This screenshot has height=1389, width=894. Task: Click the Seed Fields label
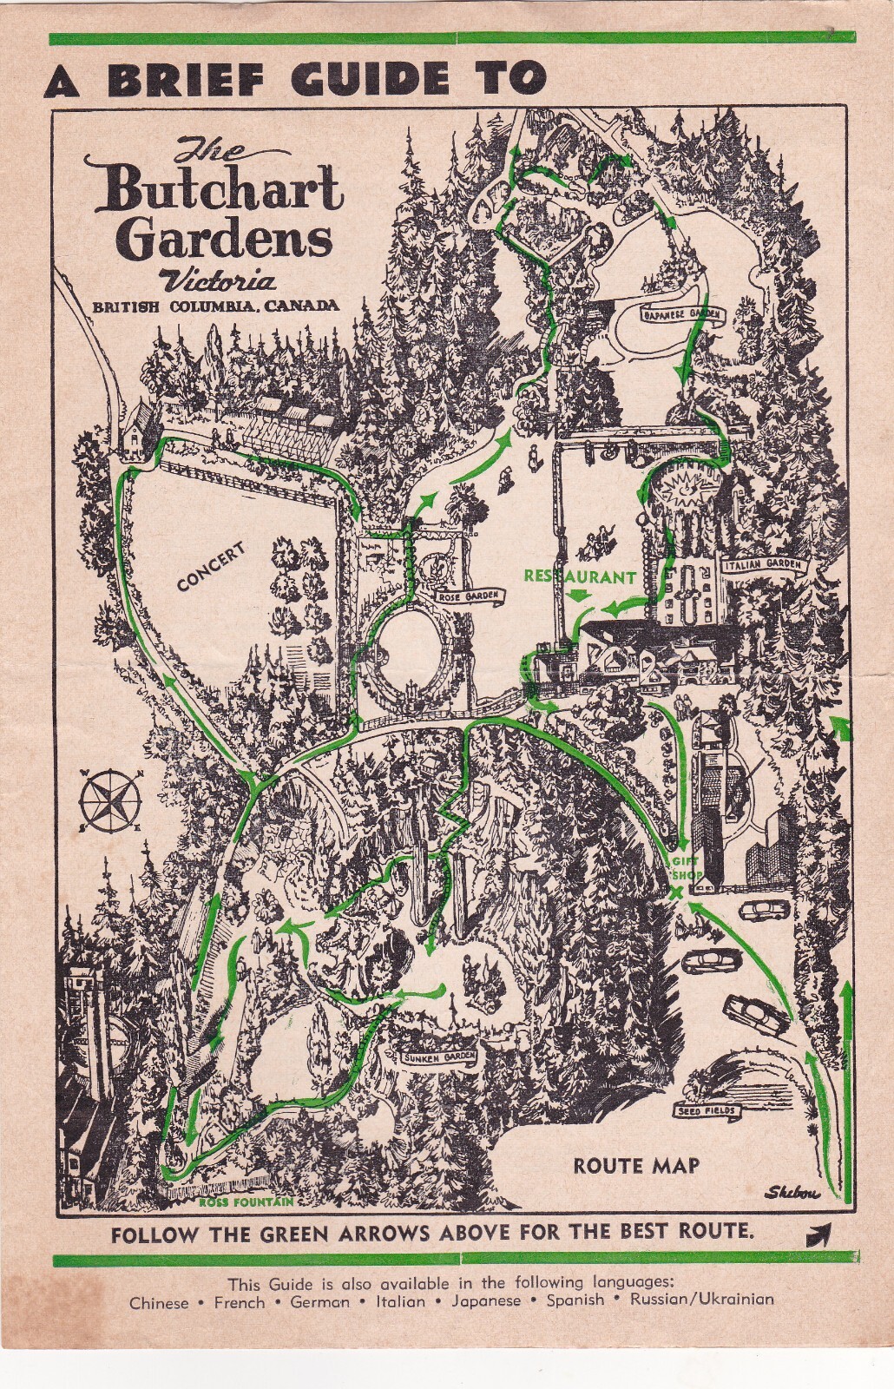pos(707,1110)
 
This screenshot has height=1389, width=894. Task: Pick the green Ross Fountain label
pos(246,1202)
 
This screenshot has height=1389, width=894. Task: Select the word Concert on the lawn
pos(212,567)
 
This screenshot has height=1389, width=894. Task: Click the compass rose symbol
pos(109,799)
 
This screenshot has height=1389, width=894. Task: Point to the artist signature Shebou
pos(792,1193)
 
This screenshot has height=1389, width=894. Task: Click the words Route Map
pos(636,1166)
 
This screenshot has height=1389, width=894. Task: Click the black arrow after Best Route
pos(818,1234)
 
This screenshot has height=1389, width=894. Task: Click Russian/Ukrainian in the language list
pos(701,1300)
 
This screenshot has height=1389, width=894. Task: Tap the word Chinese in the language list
pos(159,1302)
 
